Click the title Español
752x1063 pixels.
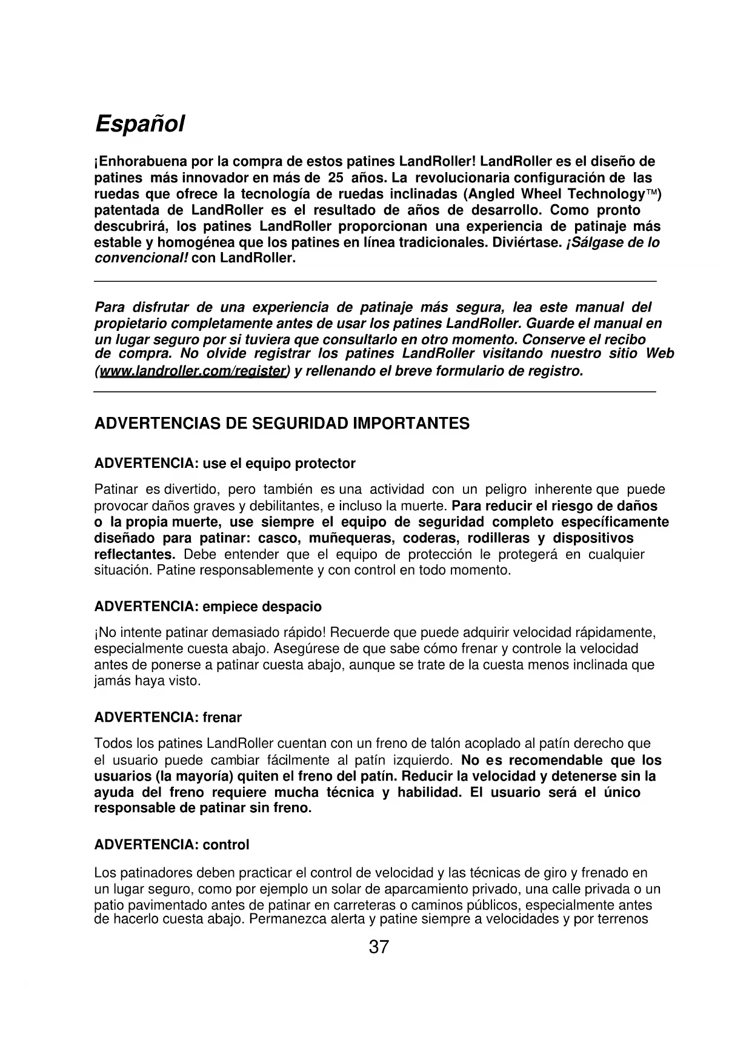click(139, 124)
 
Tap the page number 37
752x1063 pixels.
click(379, 947)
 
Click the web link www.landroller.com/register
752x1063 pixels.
click(193, 371)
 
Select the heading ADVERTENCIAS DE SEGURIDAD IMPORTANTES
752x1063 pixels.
click(282, 424)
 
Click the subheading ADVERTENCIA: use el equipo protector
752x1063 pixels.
click(225, 464)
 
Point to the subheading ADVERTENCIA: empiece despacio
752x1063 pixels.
click(208, 607)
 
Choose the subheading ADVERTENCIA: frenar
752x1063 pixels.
click(168, 718)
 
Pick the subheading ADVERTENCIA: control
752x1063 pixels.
click(171, 845)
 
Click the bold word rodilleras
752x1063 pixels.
click(499, 538)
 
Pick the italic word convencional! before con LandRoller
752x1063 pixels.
click(142, 258)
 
